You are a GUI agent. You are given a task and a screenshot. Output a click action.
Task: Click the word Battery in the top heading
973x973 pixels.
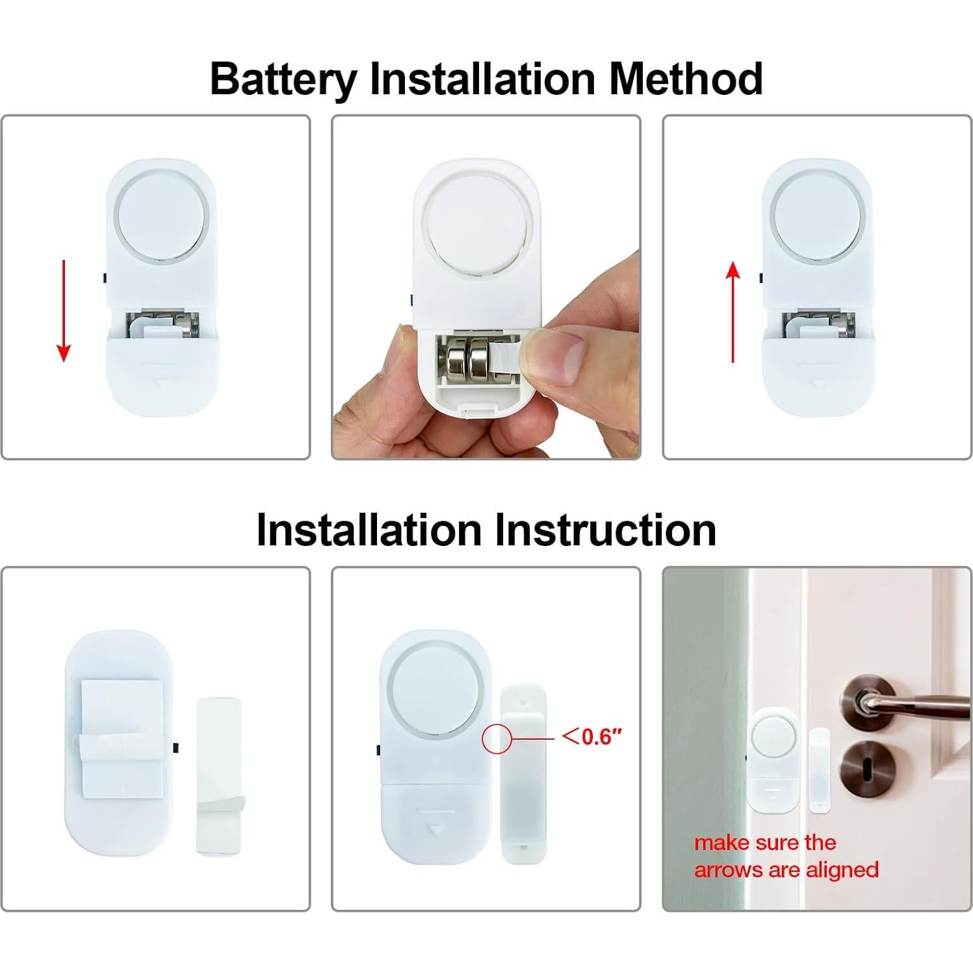[283, 79]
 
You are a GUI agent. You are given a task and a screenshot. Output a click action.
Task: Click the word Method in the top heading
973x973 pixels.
[685, 79]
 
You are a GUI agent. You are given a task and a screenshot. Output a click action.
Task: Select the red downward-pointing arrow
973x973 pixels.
[64, 311]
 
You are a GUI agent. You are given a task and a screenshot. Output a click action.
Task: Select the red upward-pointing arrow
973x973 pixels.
[733, 312]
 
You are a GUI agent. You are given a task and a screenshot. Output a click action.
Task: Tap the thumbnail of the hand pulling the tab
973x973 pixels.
[486, 287]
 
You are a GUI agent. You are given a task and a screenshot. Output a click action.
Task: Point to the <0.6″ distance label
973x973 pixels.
[592, 736]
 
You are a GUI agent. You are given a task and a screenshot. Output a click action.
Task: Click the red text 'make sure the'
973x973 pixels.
[765, 843]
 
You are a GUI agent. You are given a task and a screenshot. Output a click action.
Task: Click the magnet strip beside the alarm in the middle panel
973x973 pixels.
[523, 773]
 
